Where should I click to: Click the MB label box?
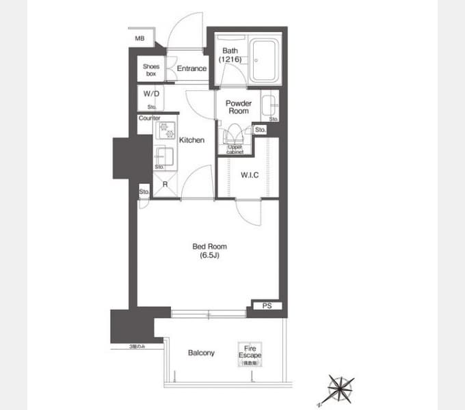139,38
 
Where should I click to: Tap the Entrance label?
191,69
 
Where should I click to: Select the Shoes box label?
151,70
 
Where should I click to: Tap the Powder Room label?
239,107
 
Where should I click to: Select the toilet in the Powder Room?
234,134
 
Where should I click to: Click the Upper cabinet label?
235,149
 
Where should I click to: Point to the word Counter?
149,118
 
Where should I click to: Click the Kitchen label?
192,140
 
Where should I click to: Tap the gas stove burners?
165,131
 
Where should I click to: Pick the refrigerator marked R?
165,183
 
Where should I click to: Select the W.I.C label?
249,174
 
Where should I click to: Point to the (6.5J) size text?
210,256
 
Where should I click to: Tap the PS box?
267,305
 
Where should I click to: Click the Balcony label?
201,353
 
